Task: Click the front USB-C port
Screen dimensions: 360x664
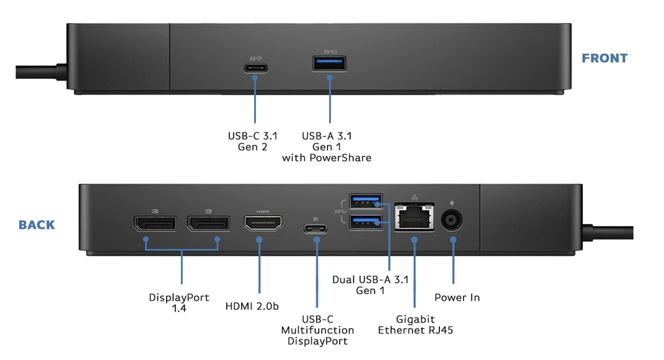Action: (x=255, y=67)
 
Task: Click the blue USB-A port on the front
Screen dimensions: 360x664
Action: (x=330, y=65)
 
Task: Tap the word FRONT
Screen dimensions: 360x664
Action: (x=604, y=59)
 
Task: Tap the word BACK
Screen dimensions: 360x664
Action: (x=37, y=225)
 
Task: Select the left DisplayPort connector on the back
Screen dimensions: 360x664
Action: (x=155, y=225)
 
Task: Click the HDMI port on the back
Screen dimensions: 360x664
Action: (x=263, y=225)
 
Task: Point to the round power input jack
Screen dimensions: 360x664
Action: (x=454, y=220)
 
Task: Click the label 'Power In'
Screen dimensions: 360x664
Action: (x=457, y=298)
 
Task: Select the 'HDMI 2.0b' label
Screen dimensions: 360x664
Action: (x=252, y=307)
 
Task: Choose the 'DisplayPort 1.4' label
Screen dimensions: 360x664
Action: (x=179, y=303)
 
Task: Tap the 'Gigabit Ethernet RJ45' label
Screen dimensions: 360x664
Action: (x=415, y=325)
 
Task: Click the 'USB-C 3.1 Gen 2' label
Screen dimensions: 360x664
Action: (x=253, y=142)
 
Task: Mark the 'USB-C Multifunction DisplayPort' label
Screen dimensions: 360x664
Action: (x=317, y=330)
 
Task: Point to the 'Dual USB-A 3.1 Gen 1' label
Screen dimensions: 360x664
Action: (x=370, y=285)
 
